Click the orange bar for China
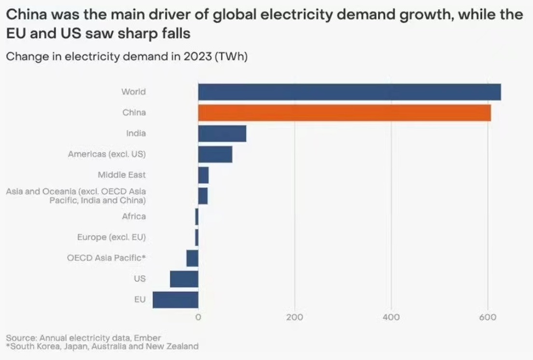point(344,113)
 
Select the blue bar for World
point(349,92)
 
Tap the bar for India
point(222,133)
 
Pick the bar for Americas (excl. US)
point(215,154)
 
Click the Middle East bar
point(203,175)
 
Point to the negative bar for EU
point(175,300)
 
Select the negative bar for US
point(184,279)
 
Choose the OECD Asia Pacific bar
point(192,258)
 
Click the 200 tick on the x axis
point(295,317)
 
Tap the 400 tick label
point(391,317)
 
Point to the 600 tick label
point(488,317)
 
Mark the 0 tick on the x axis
point(198,317)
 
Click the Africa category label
point(134,216)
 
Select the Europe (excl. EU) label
point(111,237)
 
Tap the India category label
point(136,133)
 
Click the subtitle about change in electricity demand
point(126,56)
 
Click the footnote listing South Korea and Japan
point(102,346)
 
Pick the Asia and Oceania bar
point(203,196)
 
